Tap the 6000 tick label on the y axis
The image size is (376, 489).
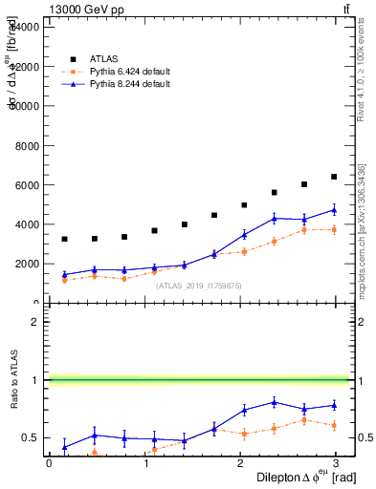click(25, 185)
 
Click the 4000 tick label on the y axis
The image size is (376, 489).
click(25, 224)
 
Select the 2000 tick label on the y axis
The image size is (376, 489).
click(25, 265)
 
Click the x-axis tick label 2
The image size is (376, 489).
click(239, 463)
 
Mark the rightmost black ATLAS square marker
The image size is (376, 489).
click(334, 177)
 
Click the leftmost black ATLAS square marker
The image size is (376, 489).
click(64, 239)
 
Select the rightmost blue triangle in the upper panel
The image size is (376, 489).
click(334, 209)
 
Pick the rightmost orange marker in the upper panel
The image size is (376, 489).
click(334, 229)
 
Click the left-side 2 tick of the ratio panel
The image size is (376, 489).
click(34, 322)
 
